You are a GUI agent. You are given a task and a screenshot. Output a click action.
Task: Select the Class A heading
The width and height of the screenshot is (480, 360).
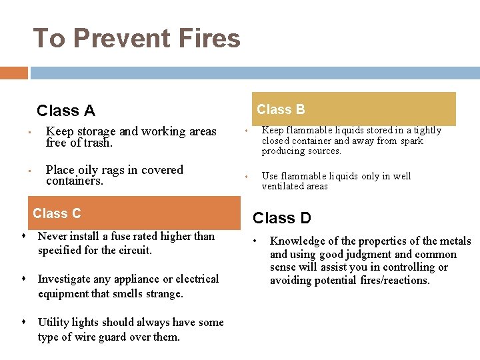(x=66, y=111)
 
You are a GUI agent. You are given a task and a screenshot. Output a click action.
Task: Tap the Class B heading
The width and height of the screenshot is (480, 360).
(x=281, y=109)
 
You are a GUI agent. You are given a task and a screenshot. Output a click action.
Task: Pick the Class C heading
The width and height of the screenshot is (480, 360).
(x=57, y=213)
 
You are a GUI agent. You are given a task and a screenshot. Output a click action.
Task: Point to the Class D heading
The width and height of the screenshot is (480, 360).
(x=281, y=218)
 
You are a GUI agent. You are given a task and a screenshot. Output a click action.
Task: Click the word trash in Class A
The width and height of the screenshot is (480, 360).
(x=98, y=143)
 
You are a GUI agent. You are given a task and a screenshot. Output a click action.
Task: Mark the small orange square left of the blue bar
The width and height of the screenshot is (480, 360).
(x=14, y=73)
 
